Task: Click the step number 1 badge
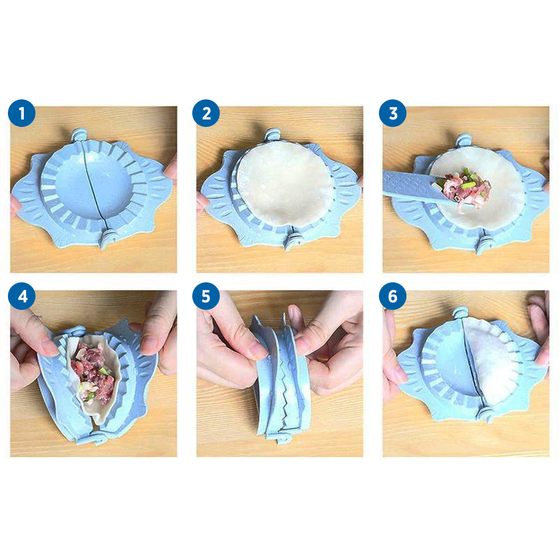coord(22,113)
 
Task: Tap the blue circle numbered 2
coord(206,113)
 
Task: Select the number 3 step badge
coord(392,113)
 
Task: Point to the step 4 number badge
coord(22,296)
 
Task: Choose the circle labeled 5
coord(206,296)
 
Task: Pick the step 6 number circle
coord(392,296)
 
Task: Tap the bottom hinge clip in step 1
coord(107,238)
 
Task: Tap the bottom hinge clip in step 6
coord(485,414)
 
